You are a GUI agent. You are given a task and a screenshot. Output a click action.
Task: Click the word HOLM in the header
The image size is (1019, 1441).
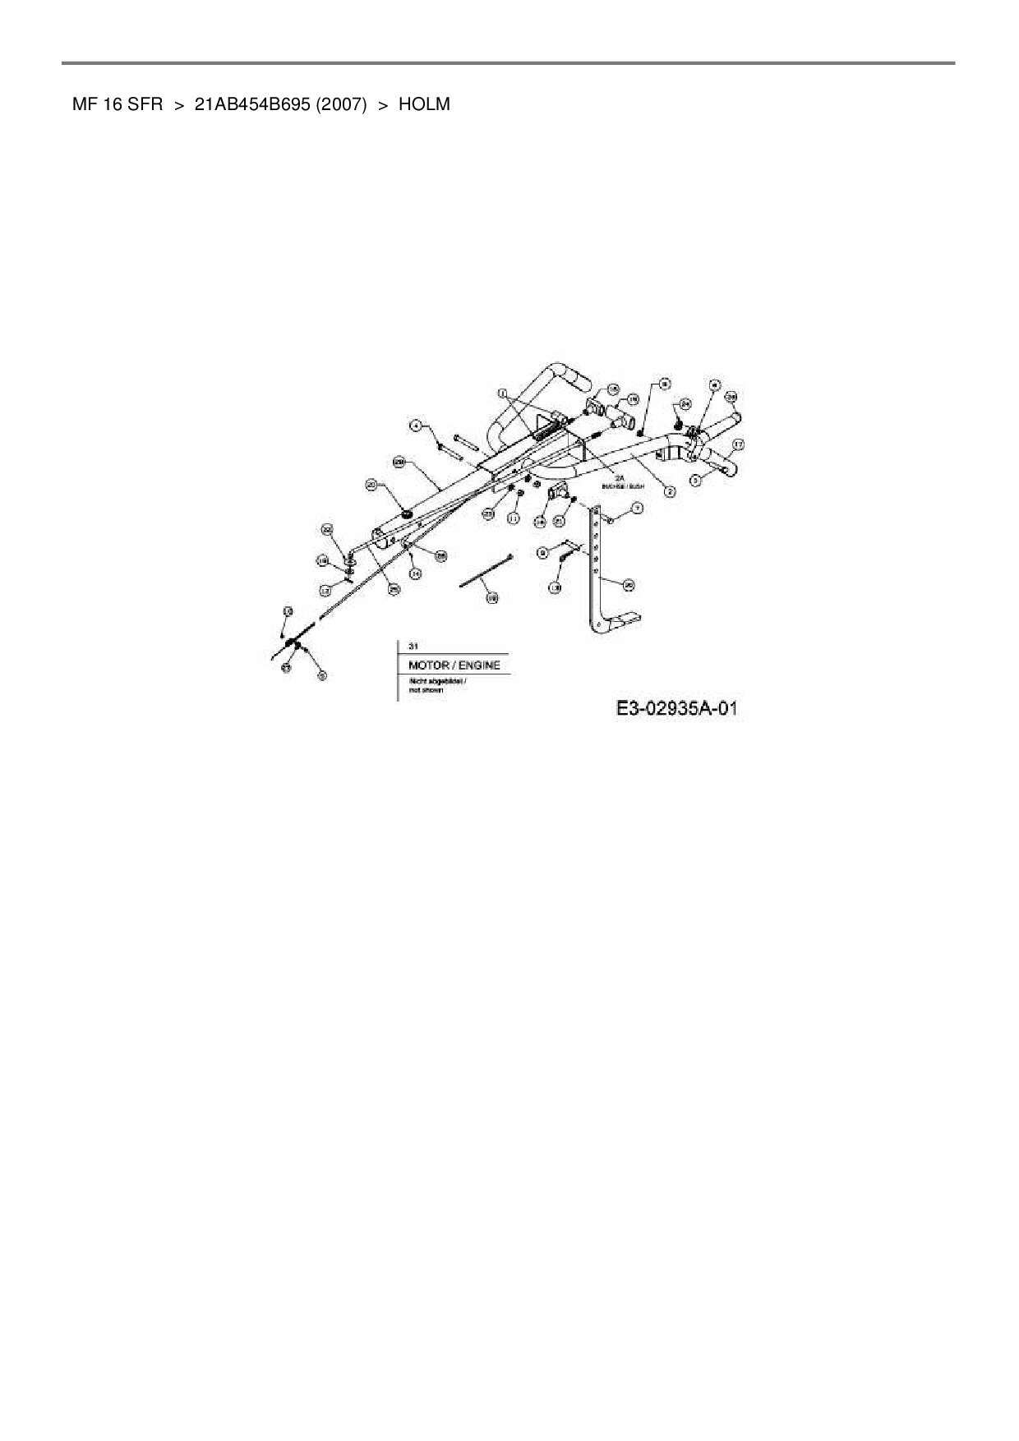(x=424, y=105)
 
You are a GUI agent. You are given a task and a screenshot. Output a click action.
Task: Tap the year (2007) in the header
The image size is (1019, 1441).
(x=340, y=105)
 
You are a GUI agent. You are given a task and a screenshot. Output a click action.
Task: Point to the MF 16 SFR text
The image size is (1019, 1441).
(x=112, y=105)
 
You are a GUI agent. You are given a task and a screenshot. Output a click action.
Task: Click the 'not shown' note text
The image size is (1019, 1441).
(x=426, y=690)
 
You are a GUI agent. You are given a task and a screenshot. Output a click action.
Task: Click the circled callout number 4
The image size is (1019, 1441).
(x=417, y=426)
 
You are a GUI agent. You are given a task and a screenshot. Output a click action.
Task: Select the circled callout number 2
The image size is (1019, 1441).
(x=670, y=492)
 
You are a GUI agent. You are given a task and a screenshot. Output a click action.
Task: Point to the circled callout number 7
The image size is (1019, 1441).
(x=637, y=509)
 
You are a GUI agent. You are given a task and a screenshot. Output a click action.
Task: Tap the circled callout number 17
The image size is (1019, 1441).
(x=738, y=444)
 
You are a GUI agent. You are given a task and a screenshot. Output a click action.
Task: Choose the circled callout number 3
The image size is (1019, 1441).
(x=696, y=479)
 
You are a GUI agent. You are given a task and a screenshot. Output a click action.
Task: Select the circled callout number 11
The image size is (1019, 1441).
(x=514, y=518)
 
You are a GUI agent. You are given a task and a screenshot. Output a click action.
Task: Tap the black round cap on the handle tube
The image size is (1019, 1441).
(x=407, y=514)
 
